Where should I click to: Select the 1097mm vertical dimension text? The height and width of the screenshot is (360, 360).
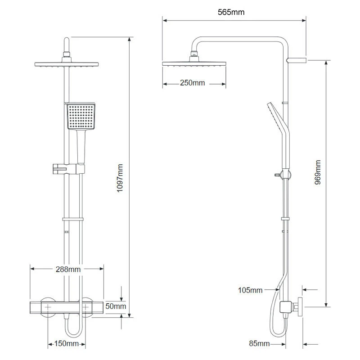120,178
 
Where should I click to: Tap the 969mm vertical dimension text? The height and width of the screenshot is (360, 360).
318,172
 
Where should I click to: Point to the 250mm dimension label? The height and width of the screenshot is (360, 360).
193,83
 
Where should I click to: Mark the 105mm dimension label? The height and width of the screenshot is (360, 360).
250,290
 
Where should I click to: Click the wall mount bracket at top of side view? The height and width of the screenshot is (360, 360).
297,60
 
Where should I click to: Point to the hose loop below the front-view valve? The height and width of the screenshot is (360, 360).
74,331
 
